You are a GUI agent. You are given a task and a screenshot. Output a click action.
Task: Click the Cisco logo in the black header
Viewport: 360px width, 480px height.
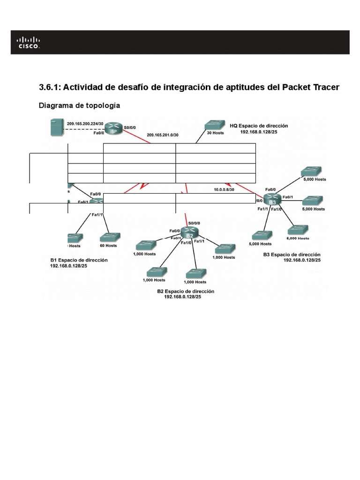29,42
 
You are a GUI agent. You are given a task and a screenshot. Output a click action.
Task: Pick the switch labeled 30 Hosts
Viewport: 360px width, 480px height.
214,126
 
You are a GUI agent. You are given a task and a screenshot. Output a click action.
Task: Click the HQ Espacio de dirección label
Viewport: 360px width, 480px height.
259,126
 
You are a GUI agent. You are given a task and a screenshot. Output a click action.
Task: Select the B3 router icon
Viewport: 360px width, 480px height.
272,199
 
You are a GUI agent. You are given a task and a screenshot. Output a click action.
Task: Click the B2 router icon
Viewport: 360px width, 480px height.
189,232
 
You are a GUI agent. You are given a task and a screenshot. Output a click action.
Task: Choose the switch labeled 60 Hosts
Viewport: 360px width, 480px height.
108,239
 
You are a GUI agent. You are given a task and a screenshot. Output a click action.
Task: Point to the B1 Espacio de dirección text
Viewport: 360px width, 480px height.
79,260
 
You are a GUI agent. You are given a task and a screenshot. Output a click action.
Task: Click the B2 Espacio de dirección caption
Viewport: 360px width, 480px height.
186,291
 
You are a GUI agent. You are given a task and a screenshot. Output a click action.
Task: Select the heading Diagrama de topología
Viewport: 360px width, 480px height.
79,106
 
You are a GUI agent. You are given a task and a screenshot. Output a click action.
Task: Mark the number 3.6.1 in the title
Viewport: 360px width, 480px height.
49,87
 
